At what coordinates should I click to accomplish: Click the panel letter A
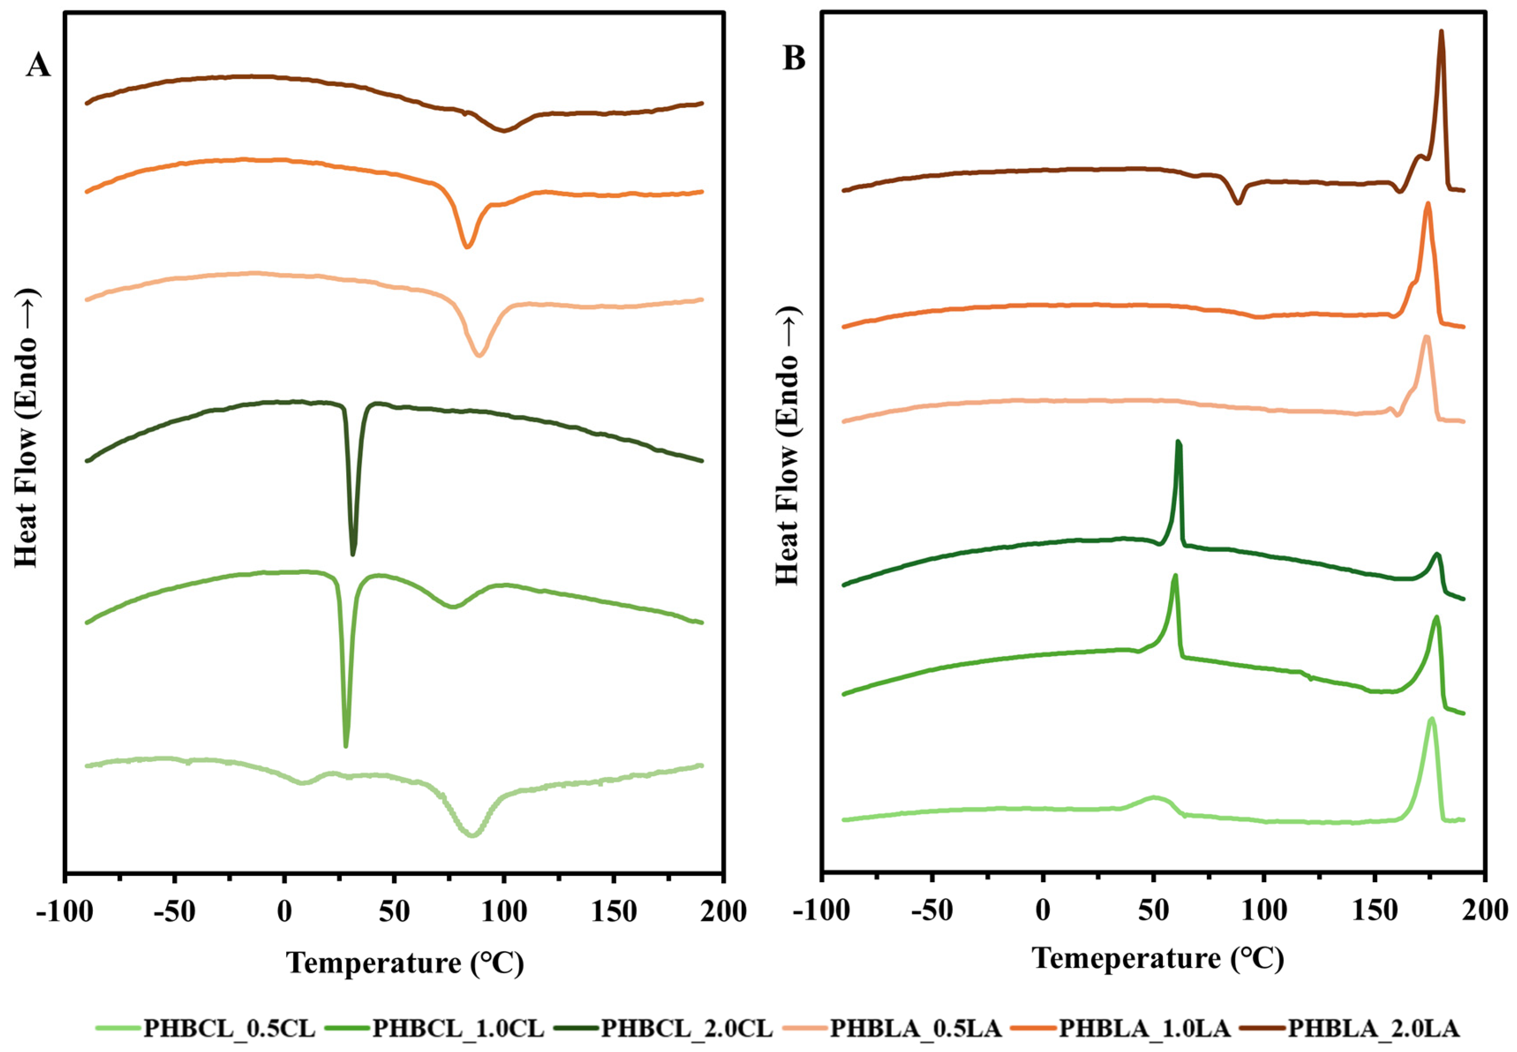coord(38,65)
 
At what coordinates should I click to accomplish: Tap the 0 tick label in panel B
coord(1042,911)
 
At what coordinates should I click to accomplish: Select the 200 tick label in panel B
coord(1484,911)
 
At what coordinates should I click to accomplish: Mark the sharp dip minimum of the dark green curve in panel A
coord(353,553)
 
